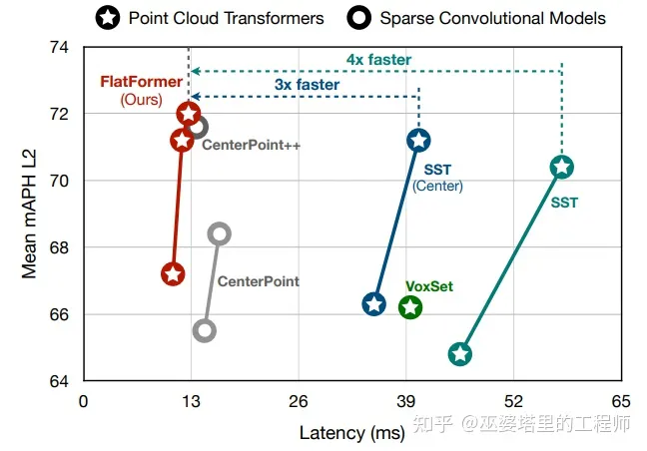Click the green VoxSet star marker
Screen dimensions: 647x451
(409, 307)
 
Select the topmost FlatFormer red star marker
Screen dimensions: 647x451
(189, 114)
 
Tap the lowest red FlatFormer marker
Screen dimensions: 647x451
(173, 274)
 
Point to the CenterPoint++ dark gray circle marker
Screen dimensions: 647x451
(197, 127)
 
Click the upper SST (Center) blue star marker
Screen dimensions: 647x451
(418, 141)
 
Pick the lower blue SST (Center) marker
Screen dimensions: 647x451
(373, 304)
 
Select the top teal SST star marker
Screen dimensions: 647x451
(562, 167)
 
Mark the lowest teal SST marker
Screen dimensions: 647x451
(460, 354)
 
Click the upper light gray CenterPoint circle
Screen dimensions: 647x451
(220, 233)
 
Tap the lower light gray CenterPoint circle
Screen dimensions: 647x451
(205, 330)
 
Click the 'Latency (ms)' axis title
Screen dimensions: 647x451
(351, 431)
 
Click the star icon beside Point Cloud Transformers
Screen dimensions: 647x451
(109, 17)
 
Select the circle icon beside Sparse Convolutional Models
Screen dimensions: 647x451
(359, 17)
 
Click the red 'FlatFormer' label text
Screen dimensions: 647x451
(141, 82)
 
